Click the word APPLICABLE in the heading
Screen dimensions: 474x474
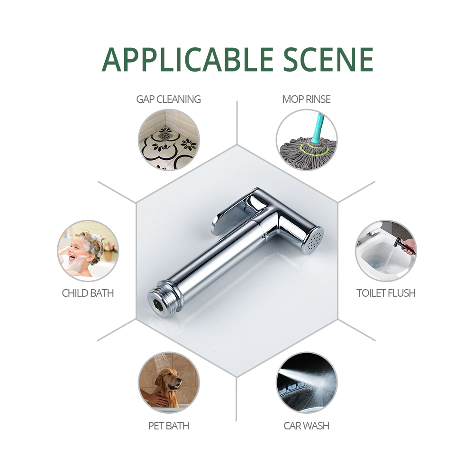(188, 60)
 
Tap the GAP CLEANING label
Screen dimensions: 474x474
(168, 99)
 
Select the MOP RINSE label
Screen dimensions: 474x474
(306, 99)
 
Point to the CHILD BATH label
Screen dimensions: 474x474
(88, 293)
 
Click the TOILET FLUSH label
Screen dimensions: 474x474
(386, 293)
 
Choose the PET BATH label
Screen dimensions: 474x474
(169, 426)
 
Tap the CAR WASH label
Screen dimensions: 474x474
(306, 426)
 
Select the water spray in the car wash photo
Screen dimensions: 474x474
(309, 379)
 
